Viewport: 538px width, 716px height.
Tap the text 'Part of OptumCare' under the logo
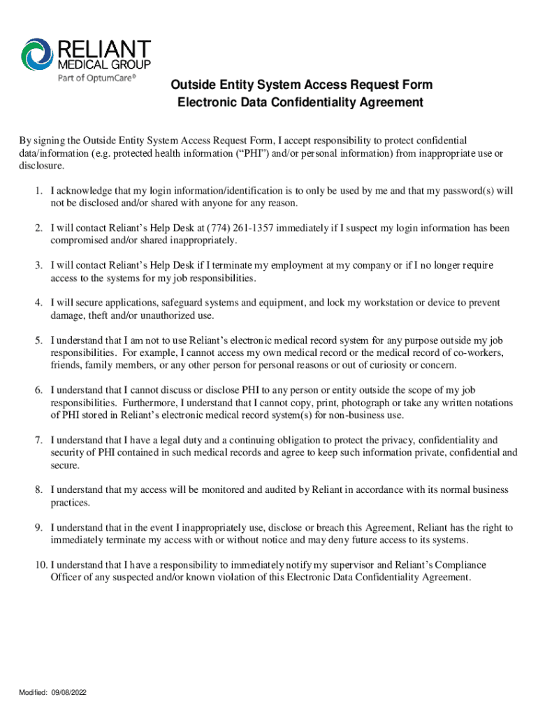(96, 78)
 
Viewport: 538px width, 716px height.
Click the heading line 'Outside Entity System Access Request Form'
(302, 85)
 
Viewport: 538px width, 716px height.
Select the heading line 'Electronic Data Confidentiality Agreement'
(300, 103)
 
